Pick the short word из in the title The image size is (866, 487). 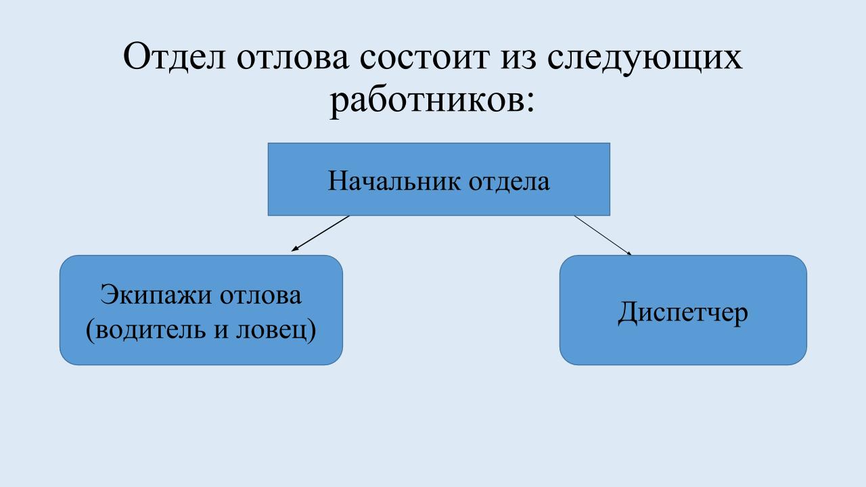point(516,58)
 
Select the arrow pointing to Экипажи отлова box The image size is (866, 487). point(321,233)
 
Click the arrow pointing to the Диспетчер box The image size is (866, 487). point(602,235)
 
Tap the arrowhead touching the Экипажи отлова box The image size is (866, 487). point(294,249)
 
